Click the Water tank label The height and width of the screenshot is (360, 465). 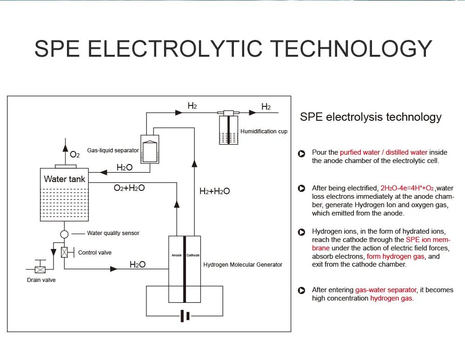[x=64, y=179]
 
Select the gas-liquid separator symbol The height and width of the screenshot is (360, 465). [x=150, y=149]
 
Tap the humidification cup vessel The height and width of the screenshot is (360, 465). [x=228, y=130]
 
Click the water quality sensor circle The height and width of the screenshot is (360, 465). [x=64, y=234]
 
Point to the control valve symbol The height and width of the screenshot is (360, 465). [x=64, y=252]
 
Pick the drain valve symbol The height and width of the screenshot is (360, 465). [x=40, y=269]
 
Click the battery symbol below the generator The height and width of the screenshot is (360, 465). [x=185, y=316]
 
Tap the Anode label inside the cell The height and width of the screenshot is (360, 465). [x=176, y=255]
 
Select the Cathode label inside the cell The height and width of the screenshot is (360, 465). [x=193, y=255]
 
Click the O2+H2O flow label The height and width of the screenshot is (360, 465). [x=129, y=188]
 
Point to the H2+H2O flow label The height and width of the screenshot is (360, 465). [x=214, y=191]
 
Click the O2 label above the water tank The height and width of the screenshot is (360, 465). [x=75, y=154]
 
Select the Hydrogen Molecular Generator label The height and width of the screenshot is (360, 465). [x=243, y=265]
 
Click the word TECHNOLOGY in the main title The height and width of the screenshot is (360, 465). [x=351, y=49]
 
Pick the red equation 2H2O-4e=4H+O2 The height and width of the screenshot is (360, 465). [x=407, y=188]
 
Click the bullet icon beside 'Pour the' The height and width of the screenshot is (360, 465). [x=301, y=153]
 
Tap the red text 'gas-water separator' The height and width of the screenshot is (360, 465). [x=386, y=290]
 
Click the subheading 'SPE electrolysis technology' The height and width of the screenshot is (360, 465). [x=371, y=117]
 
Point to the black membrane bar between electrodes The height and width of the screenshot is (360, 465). [x=185, y=269]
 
